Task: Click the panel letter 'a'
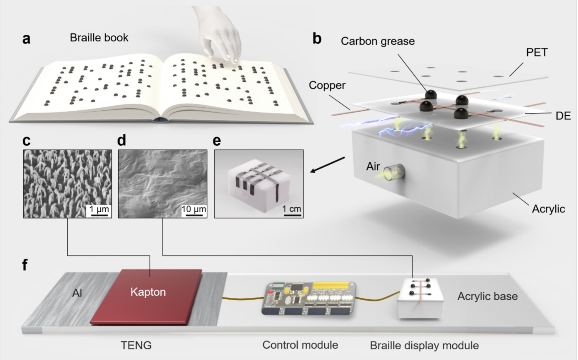(x=27, y=39)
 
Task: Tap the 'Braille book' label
(x=99, y=38)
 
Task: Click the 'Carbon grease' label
(x=378, y=41)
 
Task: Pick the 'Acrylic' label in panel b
(x=548, y=209)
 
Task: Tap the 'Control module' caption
(x=300, y=345)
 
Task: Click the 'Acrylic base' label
(x=487, y=296)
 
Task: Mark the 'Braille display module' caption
(x=424, y=346)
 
